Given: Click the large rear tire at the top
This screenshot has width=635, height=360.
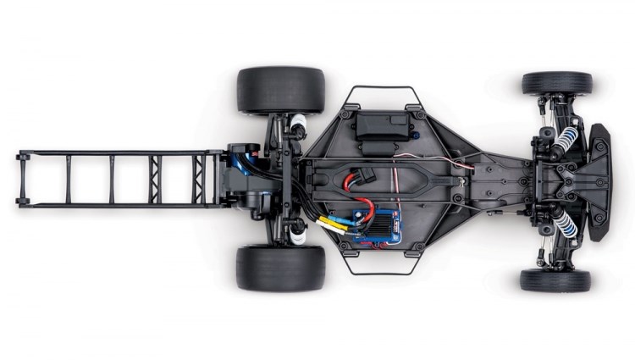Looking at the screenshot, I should pos(280,89).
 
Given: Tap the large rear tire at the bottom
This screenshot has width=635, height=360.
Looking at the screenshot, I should pos(280,268).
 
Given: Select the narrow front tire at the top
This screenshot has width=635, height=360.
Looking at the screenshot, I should pos(556,83).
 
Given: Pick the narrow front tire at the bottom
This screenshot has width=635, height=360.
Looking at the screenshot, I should pos(555,280).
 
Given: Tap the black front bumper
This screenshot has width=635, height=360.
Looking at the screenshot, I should pos(601,181).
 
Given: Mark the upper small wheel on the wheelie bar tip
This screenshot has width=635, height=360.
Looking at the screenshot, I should pos(21,156).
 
